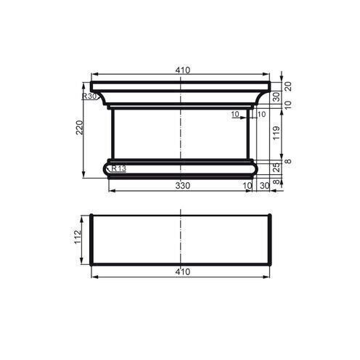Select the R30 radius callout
pyautogui.click(x=89, y=96)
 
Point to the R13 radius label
pyautogui.click(x=118, y=168)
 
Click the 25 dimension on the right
pyautogui.click(x=276, y=168)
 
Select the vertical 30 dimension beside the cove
pyautogui.click(x=276, y=96)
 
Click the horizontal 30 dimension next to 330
pyautogui.click(x=263, y=186)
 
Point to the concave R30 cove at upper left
pyautogui.click(x=102, y=97)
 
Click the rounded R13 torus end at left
pyautogui.click(x=107, y=169)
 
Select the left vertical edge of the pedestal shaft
pyautogui.click(x=112, y=134)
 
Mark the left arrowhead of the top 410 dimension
pyautogui.click(x=94, y=75)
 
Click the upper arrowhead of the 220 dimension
pyautogui.click(x=85, y=94)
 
